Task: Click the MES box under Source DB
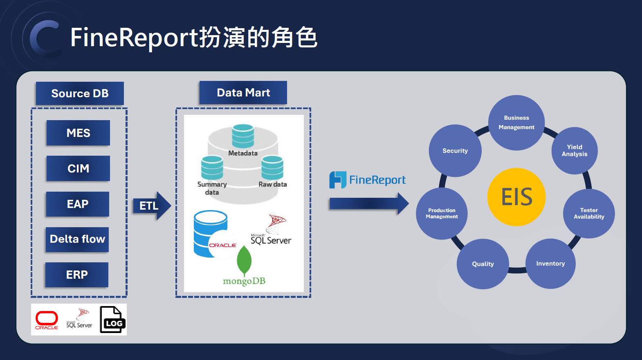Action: point(78,133)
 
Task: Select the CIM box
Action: point(78,168)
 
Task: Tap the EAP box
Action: point(78,204)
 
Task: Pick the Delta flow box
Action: point(77,239)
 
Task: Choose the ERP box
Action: point(77,275)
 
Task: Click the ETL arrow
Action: point(151,206)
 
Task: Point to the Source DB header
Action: point(80,94)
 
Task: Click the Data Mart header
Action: point(243,93)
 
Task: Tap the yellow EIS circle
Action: point(516,197)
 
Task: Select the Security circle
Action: point(455,151)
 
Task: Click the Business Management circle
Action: point(516,123)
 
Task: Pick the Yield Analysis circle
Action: point(575,150)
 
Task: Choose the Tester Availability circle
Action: point(589,213)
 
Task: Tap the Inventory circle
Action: point(550,264)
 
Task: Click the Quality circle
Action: point(483,264)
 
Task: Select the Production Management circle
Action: point(442,213)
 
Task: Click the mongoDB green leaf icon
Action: point(244,261)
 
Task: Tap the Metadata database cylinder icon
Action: point(243,136)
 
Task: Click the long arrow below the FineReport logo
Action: point(368,203)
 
